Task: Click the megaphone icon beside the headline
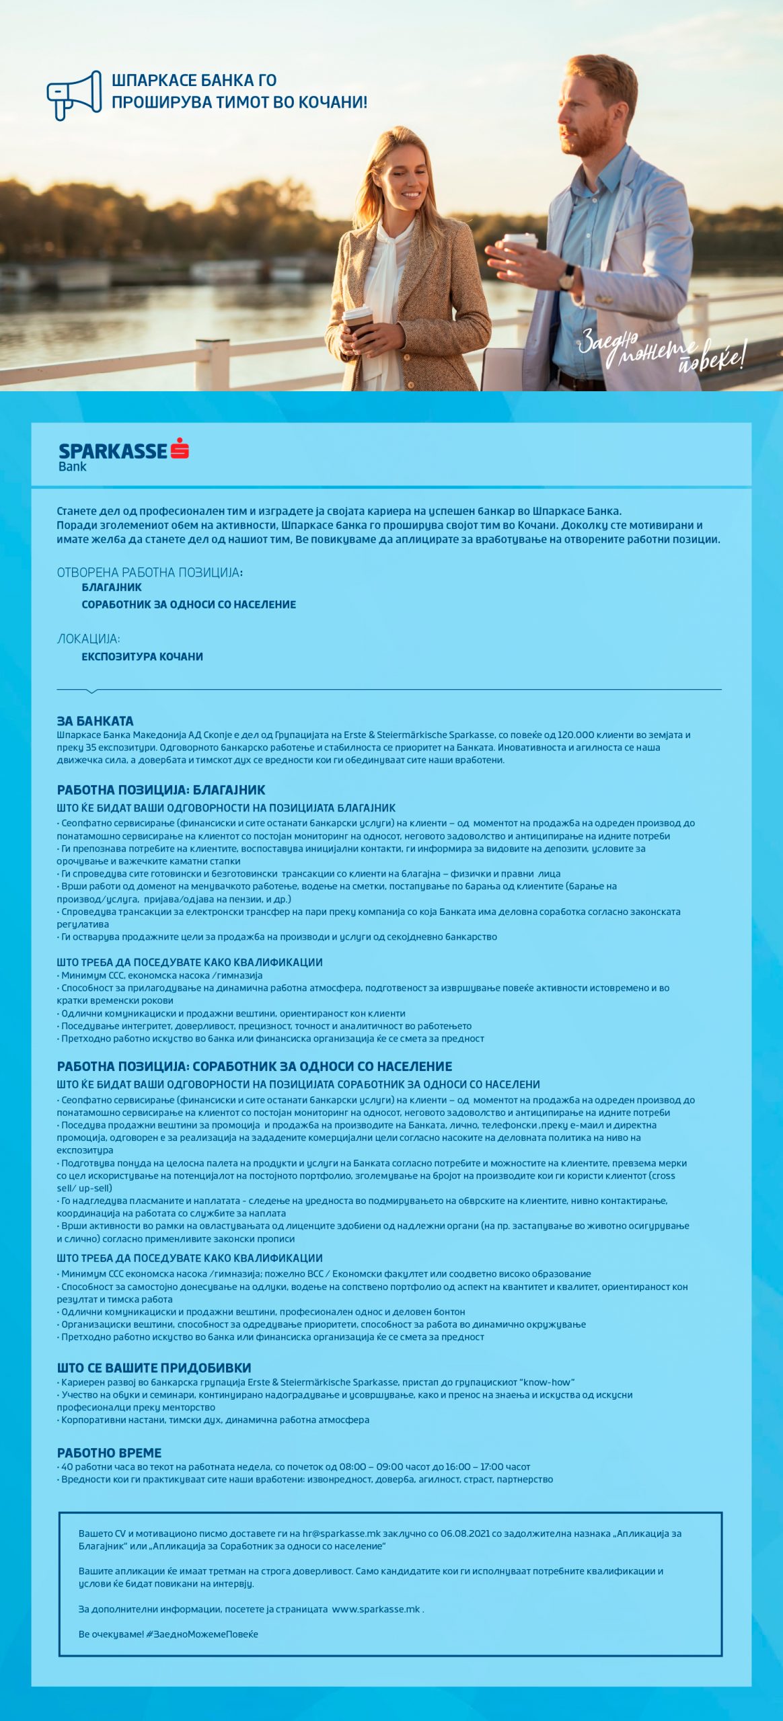pos(74,95)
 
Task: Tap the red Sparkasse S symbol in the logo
pos(180,448)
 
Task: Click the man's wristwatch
pos(568,276)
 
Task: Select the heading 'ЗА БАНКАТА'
pos(95,721)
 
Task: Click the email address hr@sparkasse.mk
pos(341,1533)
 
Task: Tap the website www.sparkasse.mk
pos(376,1609)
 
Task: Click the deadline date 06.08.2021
pos(465,1533)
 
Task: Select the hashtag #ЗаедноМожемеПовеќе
pos(202,1634)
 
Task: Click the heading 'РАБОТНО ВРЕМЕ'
pos(109,1452)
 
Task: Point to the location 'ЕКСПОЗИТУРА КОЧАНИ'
pos(142,656)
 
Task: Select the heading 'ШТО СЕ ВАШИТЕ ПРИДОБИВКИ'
pos(153,1367)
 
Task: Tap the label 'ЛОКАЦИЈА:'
pos(88,639)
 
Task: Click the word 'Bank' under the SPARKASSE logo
pos(72,467)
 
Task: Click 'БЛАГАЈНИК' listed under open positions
pos(112,587)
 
